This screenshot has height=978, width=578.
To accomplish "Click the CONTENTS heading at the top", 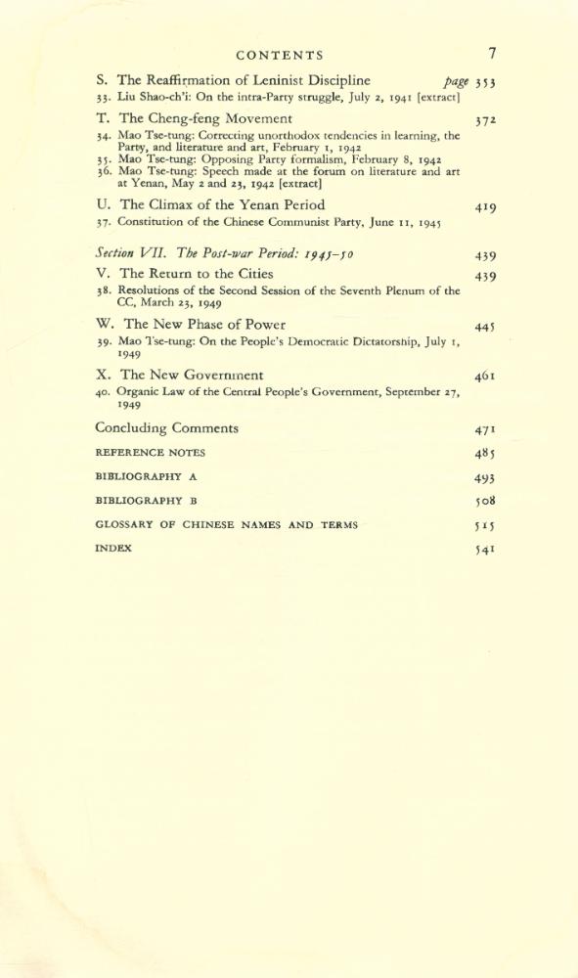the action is tap(280, 56).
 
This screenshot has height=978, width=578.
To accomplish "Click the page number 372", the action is tap(486, 121).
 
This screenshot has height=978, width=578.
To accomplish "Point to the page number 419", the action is tap(485, 207).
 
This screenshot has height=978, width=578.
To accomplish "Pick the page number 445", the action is tap(486, 327).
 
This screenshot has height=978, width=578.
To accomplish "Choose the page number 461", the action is tap(486, 377).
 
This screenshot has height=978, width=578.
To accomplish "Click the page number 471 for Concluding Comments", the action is tap(486, 430).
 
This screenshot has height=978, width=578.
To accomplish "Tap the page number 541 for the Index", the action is tap(486, 551).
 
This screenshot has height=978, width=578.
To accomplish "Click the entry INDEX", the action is tap(113, 549).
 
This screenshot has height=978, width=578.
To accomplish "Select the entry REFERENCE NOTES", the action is tap(150, 453).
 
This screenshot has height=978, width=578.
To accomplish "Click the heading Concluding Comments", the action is tap(166, 428).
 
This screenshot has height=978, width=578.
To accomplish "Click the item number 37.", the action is tap(103, 223).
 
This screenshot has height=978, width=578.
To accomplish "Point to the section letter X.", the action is tap(102, 375).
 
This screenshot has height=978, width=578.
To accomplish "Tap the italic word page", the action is tap(456, 82).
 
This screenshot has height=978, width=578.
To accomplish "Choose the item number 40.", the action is tap(103, 392).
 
